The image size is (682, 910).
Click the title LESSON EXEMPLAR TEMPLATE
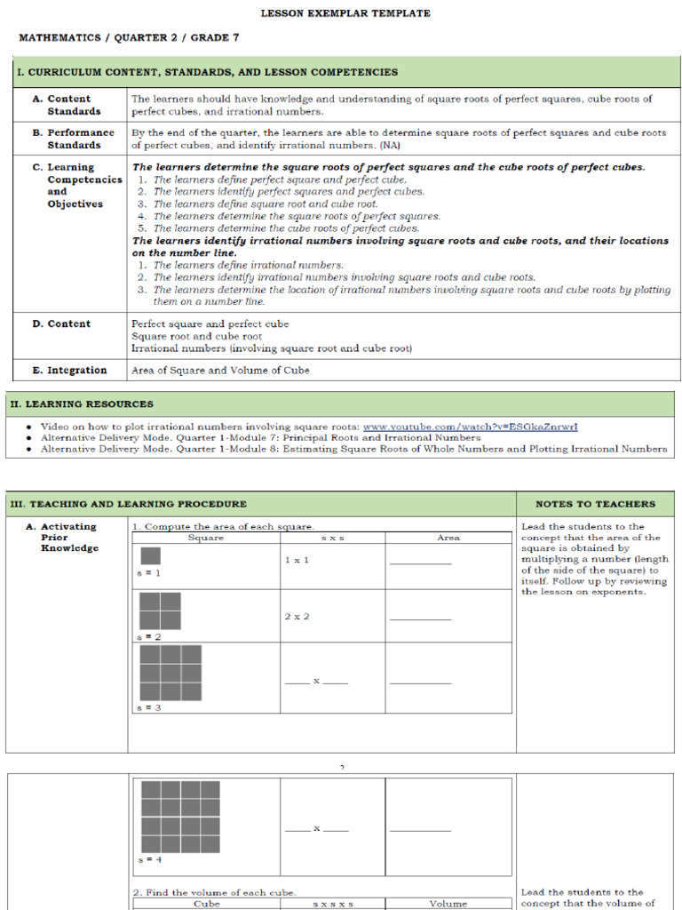345,13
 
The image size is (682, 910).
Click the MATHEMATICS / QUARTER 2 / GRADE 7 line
129,38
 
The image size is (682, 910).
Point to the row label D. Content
61,324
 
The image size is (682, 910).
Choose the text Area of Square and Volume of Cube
220,371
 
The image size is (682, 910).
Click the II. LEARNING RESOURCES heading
82,404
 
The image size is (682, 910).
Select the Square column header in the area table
206,538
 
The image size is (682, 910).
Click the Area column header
448,538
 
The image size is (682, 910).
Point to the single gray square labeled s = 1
150,556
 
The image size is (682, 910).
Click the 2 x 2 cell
297,616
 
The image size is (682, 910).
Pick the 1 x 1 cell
297,560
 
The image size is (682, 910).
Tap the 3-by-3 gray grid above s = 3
170,673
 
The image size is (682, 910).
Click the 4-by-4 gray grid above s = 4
180,817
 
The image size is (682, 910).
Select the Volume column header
448,904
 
